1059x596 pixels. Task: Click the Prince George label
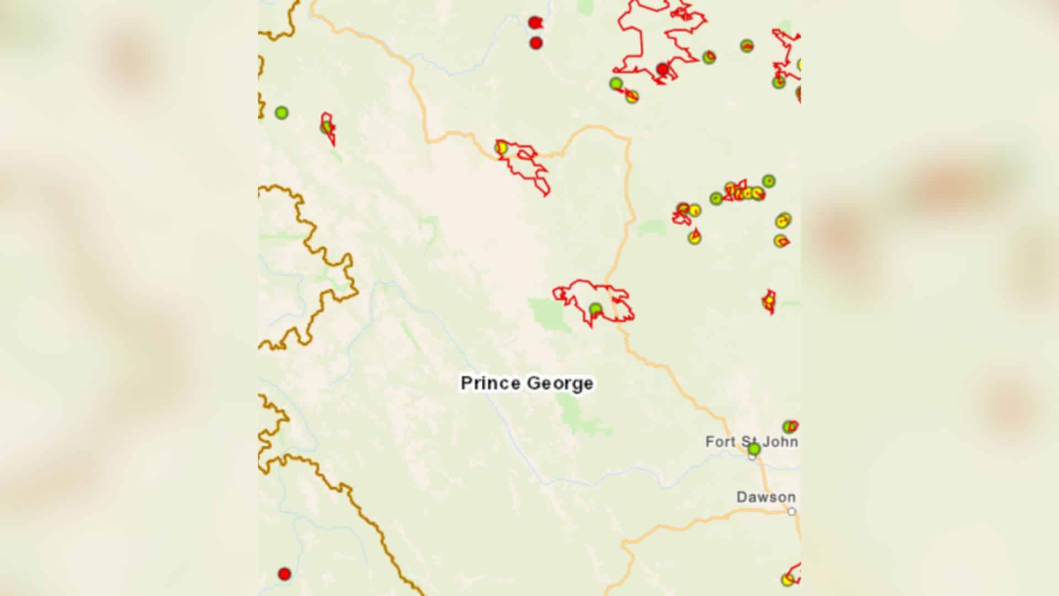coord(527,383)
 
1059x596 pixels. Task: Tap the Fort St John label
coord(751,441)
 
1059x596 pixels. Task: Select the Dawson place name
coord(766,497)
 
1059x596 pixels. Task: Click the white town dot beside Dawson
coord(791,512)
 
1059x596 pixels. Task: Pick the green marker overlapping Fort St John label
coord(754,449)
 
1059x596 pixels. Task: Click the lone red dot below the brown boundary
coord(284,574)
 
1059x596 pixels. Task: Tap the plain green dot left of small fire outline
coord(281,113)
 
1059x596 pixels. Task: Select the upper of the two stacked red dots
coord(534,23)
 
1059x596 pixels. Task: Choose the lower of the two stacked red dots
coord(536,43)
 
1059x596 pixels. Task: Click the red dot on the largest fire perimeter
coord(662,70)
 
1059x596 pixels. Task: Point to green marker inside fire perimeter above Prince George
coord(595,308)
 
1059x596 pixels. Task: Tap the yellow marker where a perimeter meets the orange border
coord(501,148)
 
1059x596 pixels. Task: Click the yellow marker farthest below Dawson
coord(787,579)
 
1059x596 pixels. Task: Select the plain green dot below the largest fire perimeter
coord(616,83)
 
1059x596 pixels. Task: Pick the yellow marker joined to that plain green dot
coord(632,97)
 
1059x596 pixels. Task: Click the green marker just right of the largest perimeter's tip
coord(709,57)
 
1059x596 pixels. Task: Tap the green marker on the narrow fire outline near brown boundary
coord(327,127)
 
